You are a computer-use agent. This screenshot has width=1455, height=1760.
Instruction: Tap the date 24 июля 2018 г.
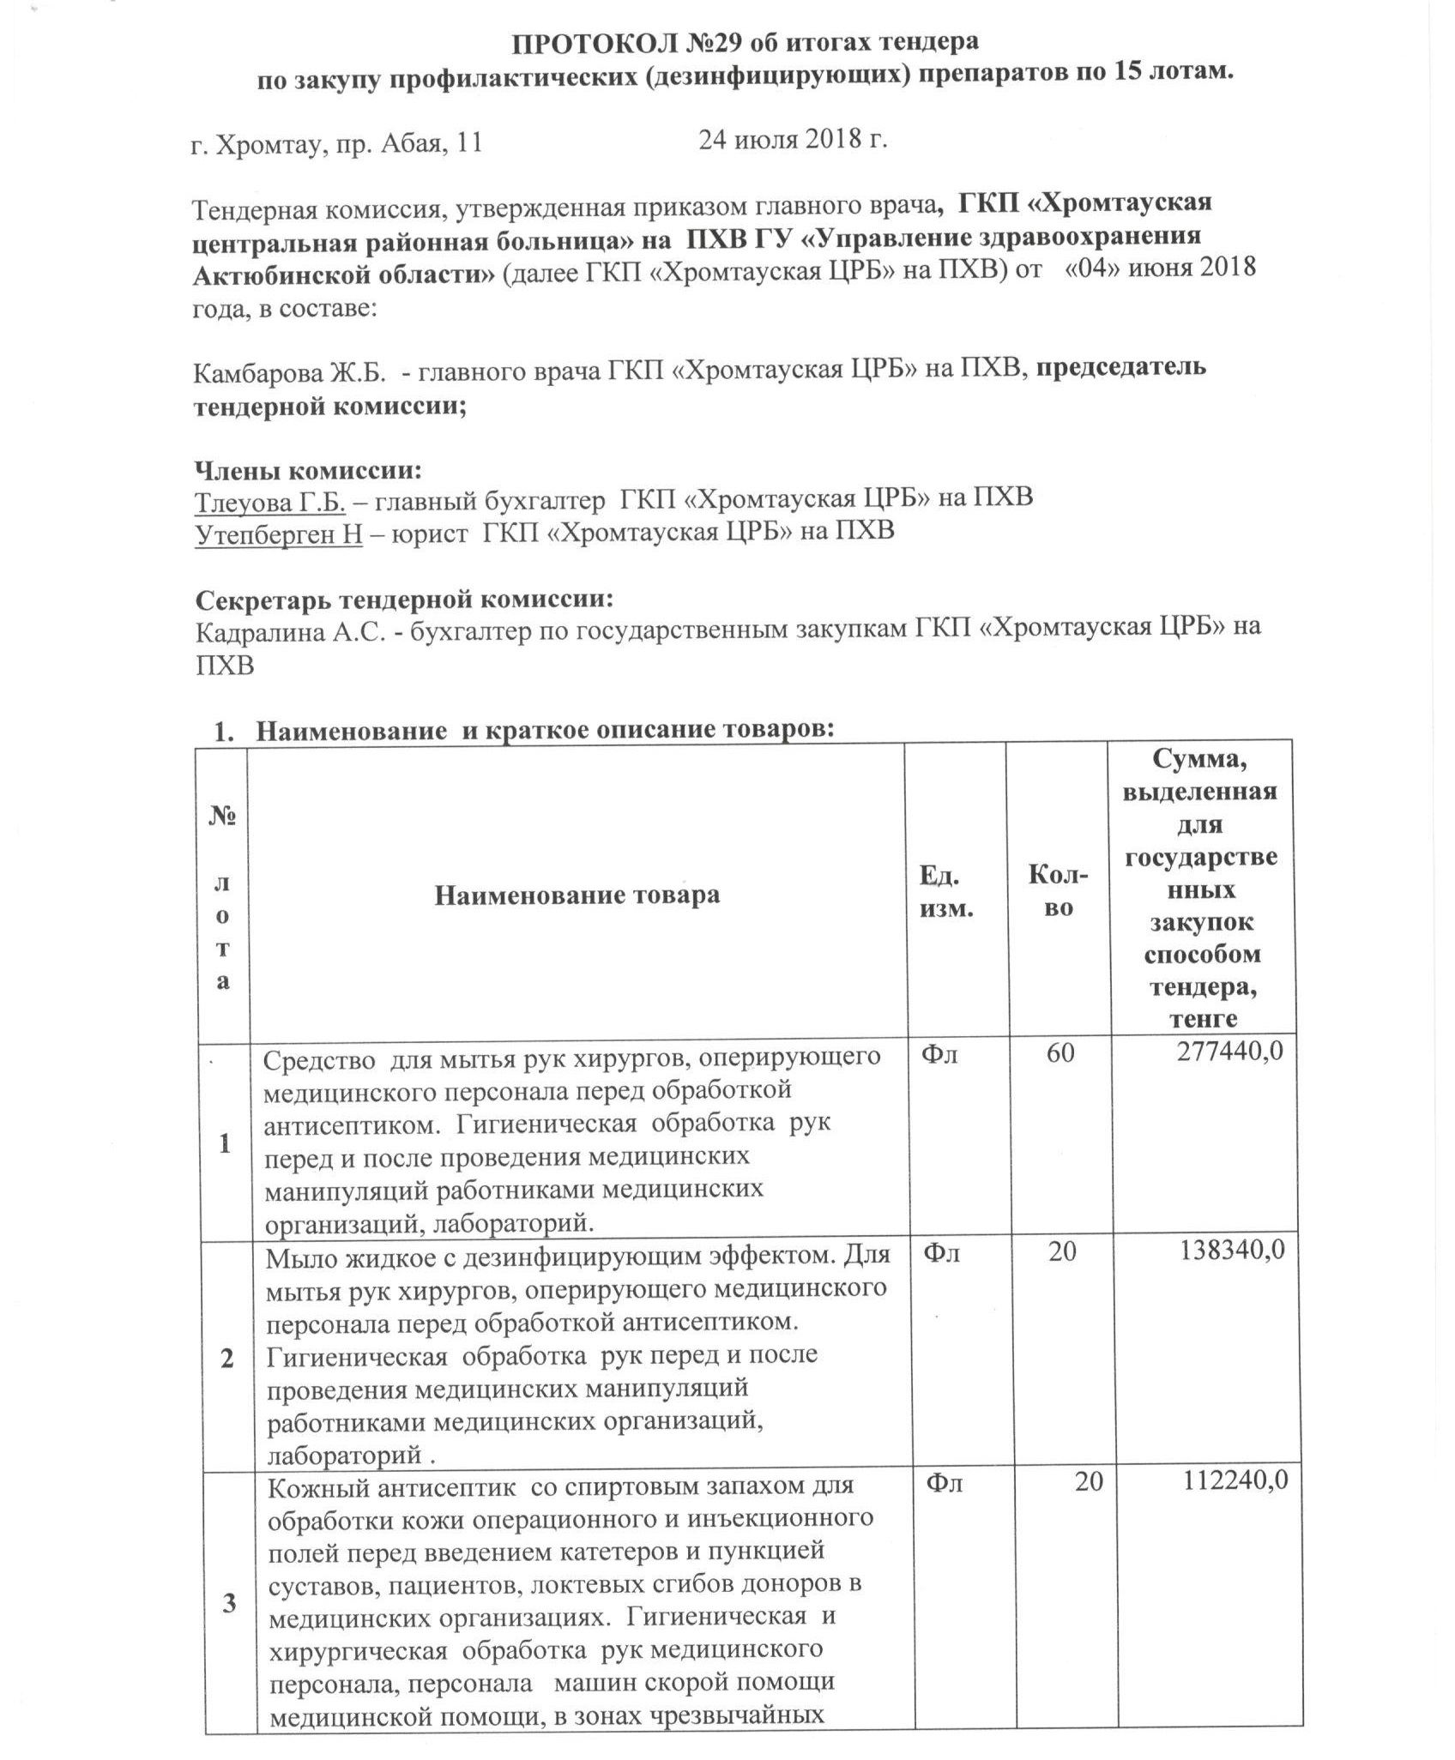[x=792, y=140]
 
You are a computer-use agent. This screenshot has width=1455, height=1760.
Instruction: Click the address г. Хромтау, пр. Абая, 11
[x=335, y=144]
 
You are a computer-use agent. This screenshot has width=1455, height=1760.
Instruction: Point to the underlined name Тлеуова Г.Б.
[x=269, y=500]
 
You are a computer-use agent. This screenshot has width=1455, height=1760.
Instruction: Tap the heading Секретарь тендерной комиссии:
[x=404, y=599]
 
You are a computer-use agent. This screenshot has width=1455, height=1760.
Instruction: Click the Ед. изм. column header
[x=946, y=892]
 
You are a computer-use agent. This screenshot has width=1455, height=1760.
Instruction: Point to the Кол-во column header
[x=1059, y=892]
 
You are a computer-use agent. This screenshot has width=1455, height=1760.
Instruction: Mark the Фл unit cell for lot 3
[x=944, y=1482]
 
